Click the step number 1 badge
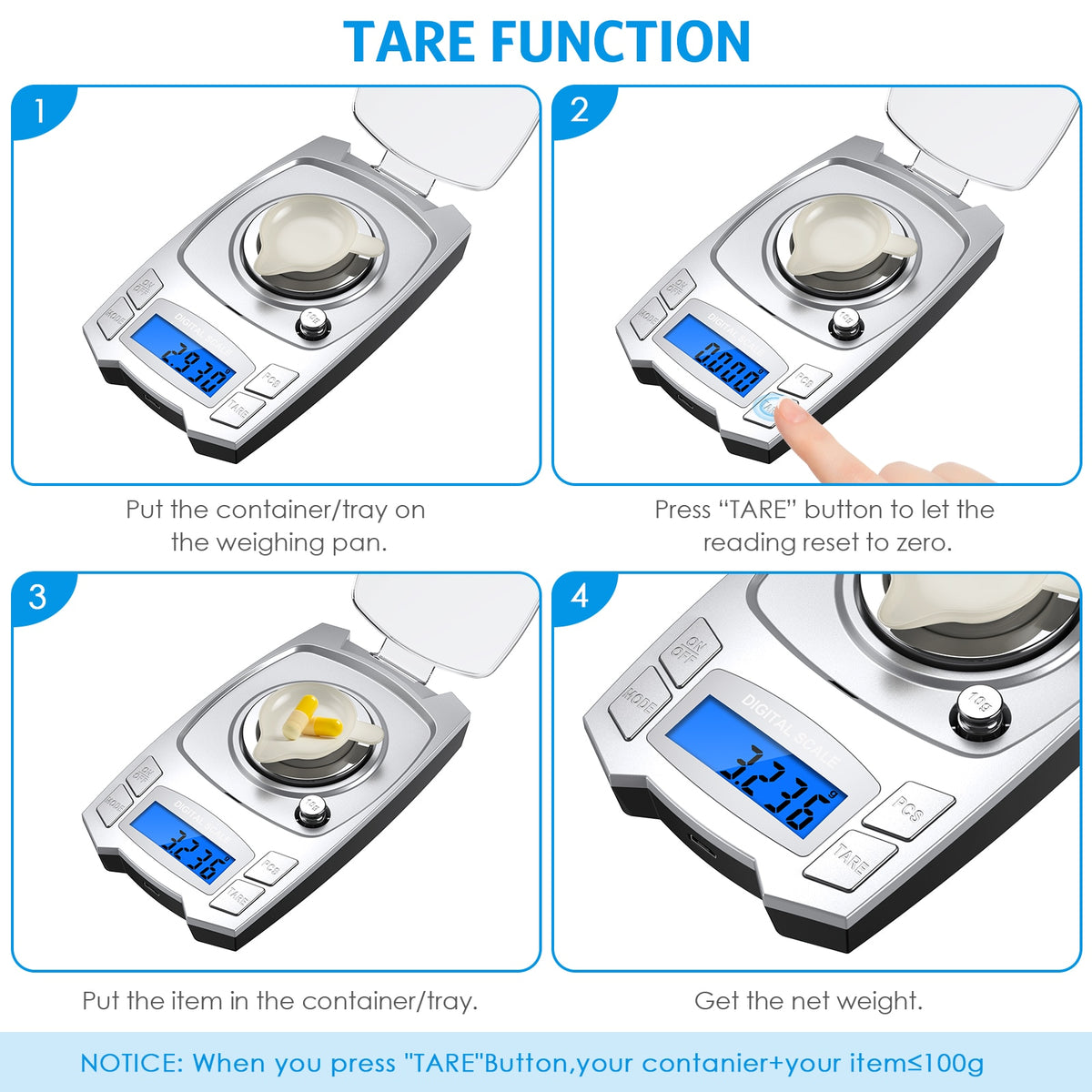[x=38, y=111]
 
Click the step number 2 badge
[x=580, y=111]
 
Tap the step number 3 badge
[x=38, y=598]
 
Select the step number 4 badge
[x=580, y=598]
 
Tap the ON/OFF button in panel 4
[x=691, y=651]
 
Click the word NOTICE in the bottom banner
[x=131, y=1063]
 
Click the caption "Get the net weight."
[x=808, y=1001]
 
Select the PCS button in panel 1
[x=271, y=379]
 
